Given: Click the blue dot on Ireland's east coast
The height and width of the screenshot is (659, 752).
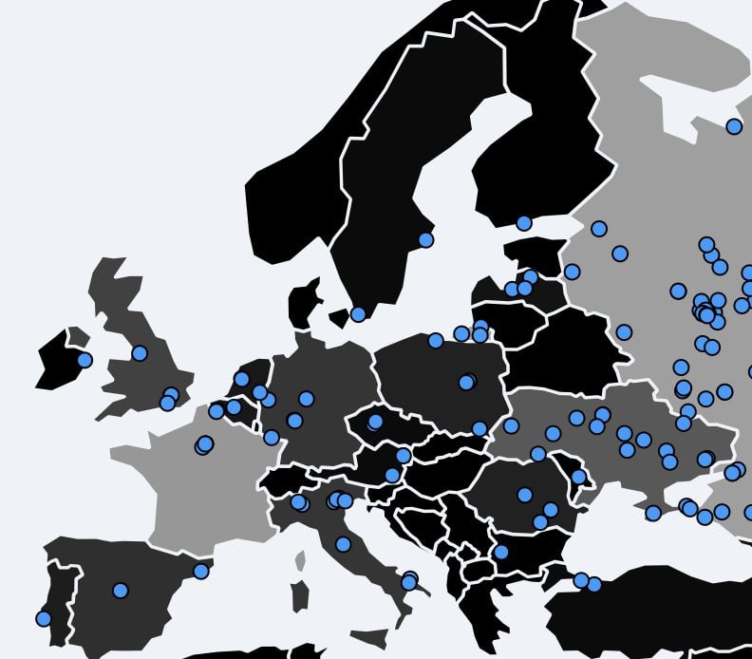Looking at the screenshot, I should (x=85, y=360).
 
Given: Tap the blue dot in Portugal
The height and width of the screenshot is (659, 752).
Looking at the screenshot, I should (x=43, y=618).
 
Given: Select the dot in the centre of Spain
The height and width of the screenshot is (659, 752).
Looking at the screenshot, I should (x=120, y=590).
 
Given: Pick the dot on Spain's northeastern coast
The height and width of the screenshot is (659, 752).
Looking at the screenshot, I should (x=200, y=571).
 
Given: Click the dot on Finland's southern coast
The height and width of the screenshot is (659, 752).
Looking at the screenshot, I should (x=523, y=223).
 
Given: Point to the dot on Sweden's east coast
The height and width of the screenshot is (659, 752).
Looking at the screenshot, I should (x=425, y=240).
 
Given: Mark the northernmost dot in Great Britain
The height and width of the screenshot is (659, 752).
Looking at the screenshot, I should (x=140, y=353).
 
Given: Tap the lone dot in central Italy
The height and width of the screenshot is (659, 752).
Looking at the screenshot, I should (x=343, y=544).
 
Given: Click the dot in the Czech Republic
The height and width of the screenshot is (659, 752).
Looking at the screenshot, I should (x=375, y=422).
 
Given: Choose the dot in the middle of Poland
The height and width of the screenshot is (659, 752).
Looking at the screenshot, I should (x=466, y=382).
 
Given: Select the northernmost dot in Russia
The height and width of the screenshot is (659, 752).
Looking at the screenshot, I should (x=734, y=126).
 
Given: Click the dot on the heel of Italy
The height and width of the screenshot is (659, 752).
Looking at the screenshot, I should (x=408, y=581).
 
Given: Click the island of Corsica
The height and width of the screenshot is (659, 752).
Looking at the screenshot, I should (x=301, y=561).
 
